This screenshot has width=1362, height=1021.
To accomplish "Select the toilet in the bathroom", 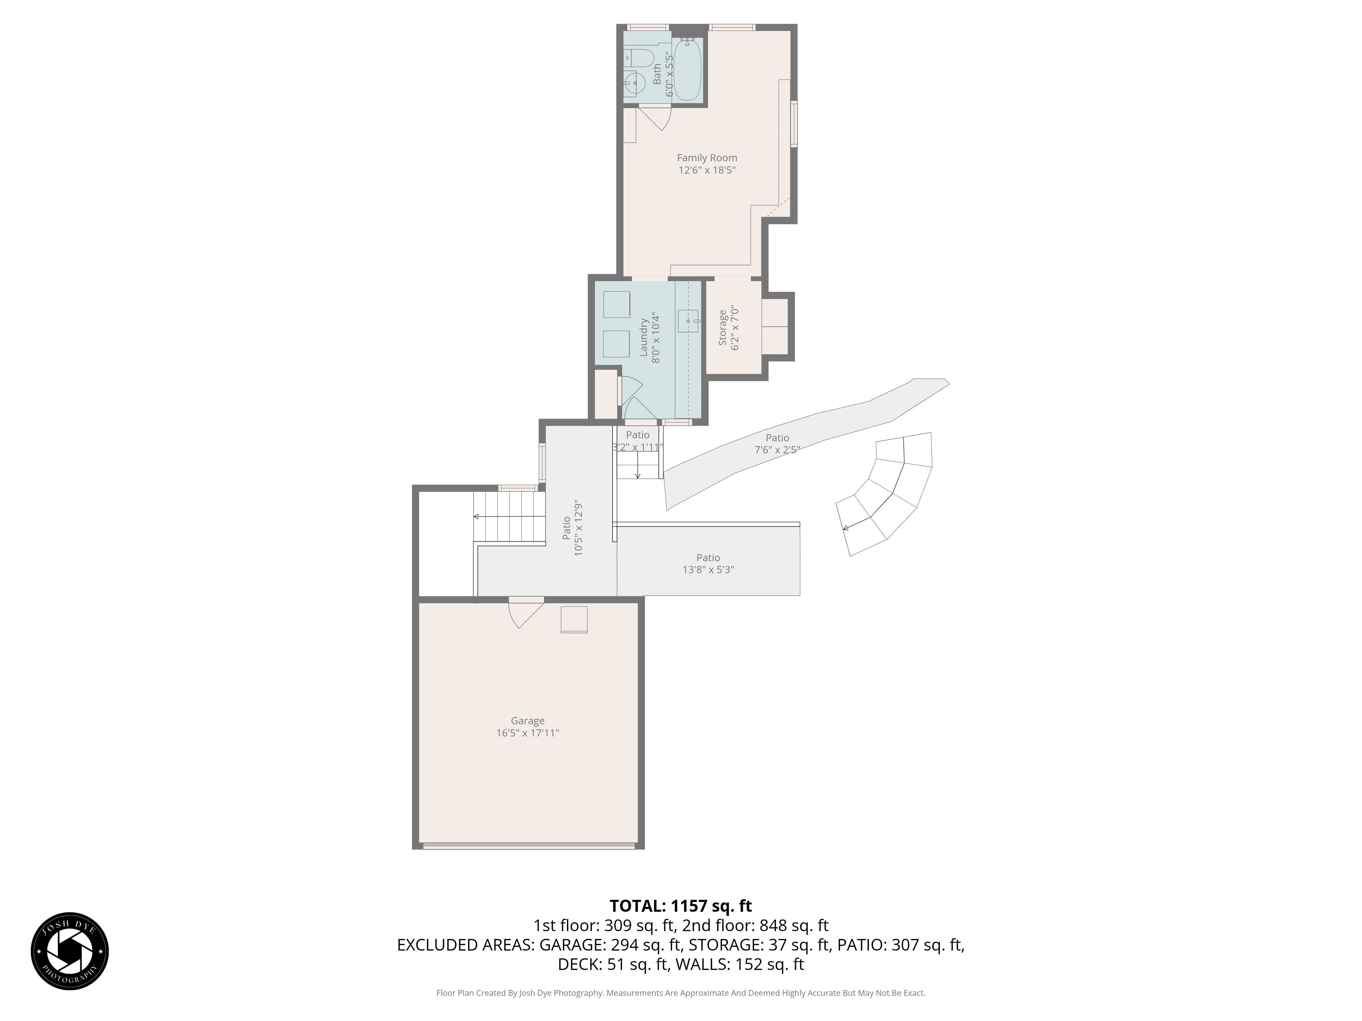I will point(638,59).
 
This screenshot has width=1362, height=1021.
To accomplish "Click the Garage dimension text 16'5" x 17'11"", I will point(528,733).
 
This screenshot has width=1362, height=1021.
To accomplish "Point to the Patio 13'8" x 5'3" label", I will point(708,564).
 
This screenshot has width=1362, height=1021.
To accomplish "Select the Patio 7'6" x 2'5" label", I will point(777,444).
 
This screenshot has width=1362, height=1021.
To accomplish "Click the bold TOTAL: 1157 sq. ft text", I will point(680,906).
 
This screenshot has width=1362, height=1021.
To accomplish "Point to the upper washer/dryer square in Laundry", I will point(616,304).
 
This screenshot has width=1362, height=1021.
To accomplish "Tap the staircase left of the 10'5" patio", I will point(509,517).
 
